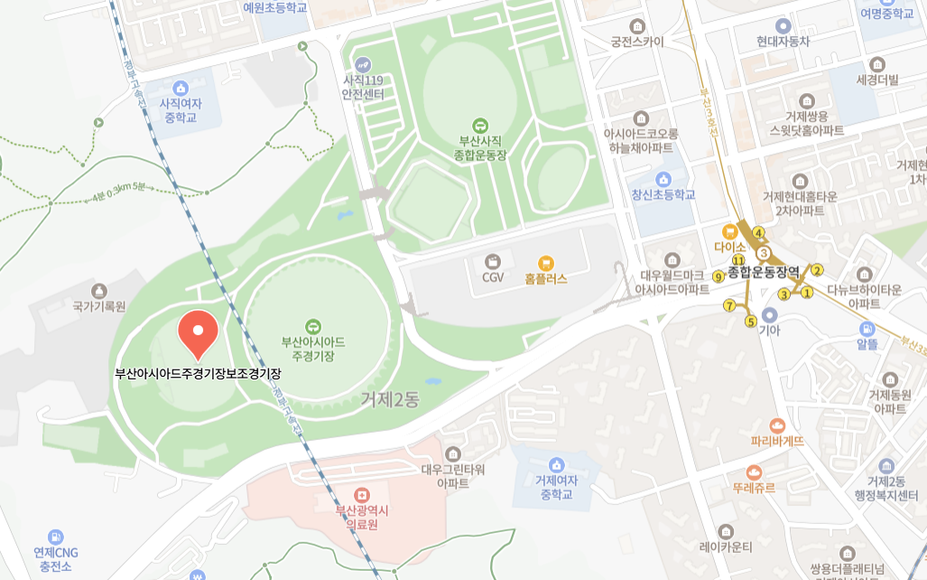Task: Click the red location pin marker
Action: pyautogui.click(x=199, y=332)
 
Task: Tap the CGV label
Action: pyautogui.click(x=492, y=277)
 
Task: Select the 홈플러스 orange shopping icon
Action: pyautogui.click(x=545, y=263)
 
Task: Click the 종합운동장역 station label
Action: pyautogui.click(x=764, y=271)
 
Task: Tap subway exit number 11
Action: pyautogui.click(x=738, y=260)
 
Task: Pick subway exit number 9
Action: pyautogui.click(x=718, y=276)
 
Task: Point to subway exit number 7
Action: pyautogui.click(x=729, y=305)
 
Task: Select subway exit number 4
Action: pyautogui.click(x=758, y=232)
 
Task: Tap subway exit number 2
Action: pyautogui.click(x=817, y=270)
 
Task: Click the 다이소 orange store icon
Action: pyautogui.click(x=729, y=230)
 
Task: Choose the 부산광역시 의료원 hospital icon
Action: pyautogui.click(x=362, y=495)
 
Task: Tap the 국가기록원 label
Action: pyautogui.click(x=99, y=306)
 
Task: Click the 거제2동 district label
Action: pyautogui.click(x=390, y=398)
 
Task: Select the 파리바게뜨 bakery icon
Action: pyautogui.click(x=777, y=426)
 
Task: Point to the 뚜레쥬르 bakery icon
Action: pyautogui.click(x=754, y=472)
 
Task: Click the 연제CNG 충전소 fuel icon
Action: pyautogui.click(x=56, y=537)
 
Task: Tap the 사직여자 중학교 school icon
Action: pyautogui.click(x=181, y=88)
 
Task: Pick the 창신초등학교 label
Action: pyautogui.click(x=663, y=194)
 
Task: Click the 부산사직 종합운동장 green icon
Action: pyautogui.click(x=479, y=126)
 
